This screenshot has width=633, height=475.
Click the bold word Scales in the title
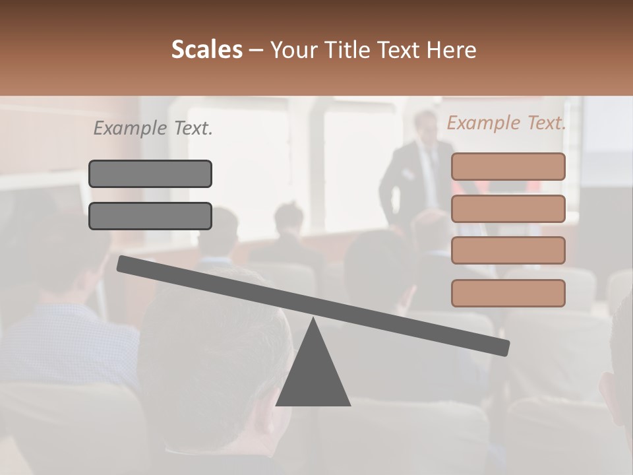coord(206,49)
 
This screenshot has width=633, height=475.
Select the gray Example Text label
coord(153,129)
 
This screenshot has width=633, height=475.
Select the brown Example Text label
coord(506,123)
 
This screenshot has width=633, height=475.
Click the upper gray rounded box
coord(150,174)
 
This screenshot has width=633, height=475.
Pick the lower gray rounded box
coord(150,216)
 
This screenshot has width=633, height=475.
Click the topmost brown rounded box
coord(508,166)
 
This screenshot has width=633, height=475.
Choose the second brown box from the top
coord(508,208)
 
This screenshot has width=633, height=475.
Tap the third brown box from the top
coord(508,251)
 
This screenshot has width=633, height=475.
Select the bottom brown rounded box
coord(508,293)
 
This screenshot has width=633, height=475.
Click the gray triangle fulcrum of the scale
coord(313,376)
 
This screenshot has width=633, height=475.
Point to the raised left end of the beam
coord(123,264)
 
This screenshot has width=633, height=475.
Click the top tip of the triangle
coord(313,321)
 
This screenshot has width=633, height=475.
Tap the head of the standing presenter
coord(424,125)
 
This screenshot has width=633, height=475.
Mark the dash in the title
coord(256,50)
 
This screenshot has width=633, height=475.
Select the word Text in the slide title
coord(398,49)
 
